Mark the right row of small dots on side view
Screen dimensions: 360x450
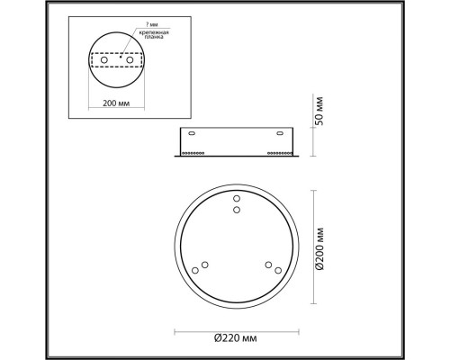pyautogui.click(x=280, y=152)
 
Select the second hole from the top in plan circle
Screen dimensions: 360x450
pyautogui.click(x=237, y=210)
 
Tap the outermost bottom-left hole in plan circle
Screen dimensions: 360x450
pyautogui.click(x=195, y=269)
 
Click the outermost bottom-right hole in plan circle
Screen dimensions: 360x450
pyautogui.click(x=277, y=269)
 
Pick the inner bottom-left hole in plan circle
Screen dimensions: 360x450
pyautogui.click(x=205, y=264)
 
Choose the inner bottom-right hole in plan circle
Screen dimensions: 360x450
pyautogui.click(x=267, y=264)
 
